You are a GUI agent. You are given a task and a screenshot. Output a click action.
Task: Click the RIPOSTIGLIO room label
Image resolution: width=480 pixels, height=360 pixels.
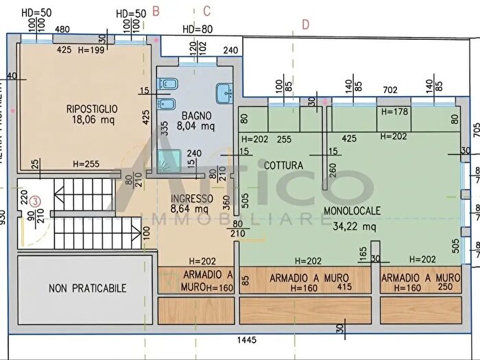pyautogui.click(x=92, y=108)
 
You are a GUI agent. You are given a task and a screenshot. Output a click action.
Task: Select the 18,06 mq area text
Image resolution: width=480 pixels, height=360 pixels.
pyautogui.click(x=92, y=120)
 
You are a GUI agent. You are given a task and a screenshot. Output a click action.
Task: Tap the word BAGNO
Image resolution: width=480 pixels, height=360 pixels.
pyautogui.click(x=196, y=115)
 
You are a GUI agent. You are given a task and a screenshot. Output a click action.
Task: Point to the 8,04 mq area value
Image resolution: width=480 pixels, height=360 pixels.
pyautogui.click(x=196, y=126)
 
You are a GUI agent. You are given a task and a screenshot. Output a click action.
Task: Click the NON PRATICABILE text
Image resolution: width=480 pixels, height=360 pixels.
pyautogui.click(x=86, y=289)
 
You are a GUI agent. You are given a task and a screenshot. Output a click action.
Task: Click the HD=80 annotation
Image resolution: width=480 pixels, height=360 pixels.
pyautogui.click(x=197, y=29)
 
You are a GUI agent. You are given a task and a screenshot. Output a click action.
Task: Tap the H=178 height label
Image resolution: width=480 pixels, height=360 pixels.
pyautogui.click(x=394, y=111)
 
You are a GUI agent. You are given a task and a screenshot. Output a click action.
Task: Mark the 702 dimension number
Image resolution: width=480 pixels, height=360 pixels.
pyautogui.click(x=390, y=89)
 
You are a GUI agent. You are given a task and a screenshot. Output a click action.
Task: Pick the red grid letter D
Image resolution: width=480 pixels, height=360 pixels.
pyautogui.click(x=305, y=25)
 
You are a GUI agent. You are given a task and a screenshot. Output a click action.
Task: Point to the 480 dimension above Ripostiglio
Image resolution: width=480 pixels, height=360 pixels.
pyautogui.click(x=62, y=29)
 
